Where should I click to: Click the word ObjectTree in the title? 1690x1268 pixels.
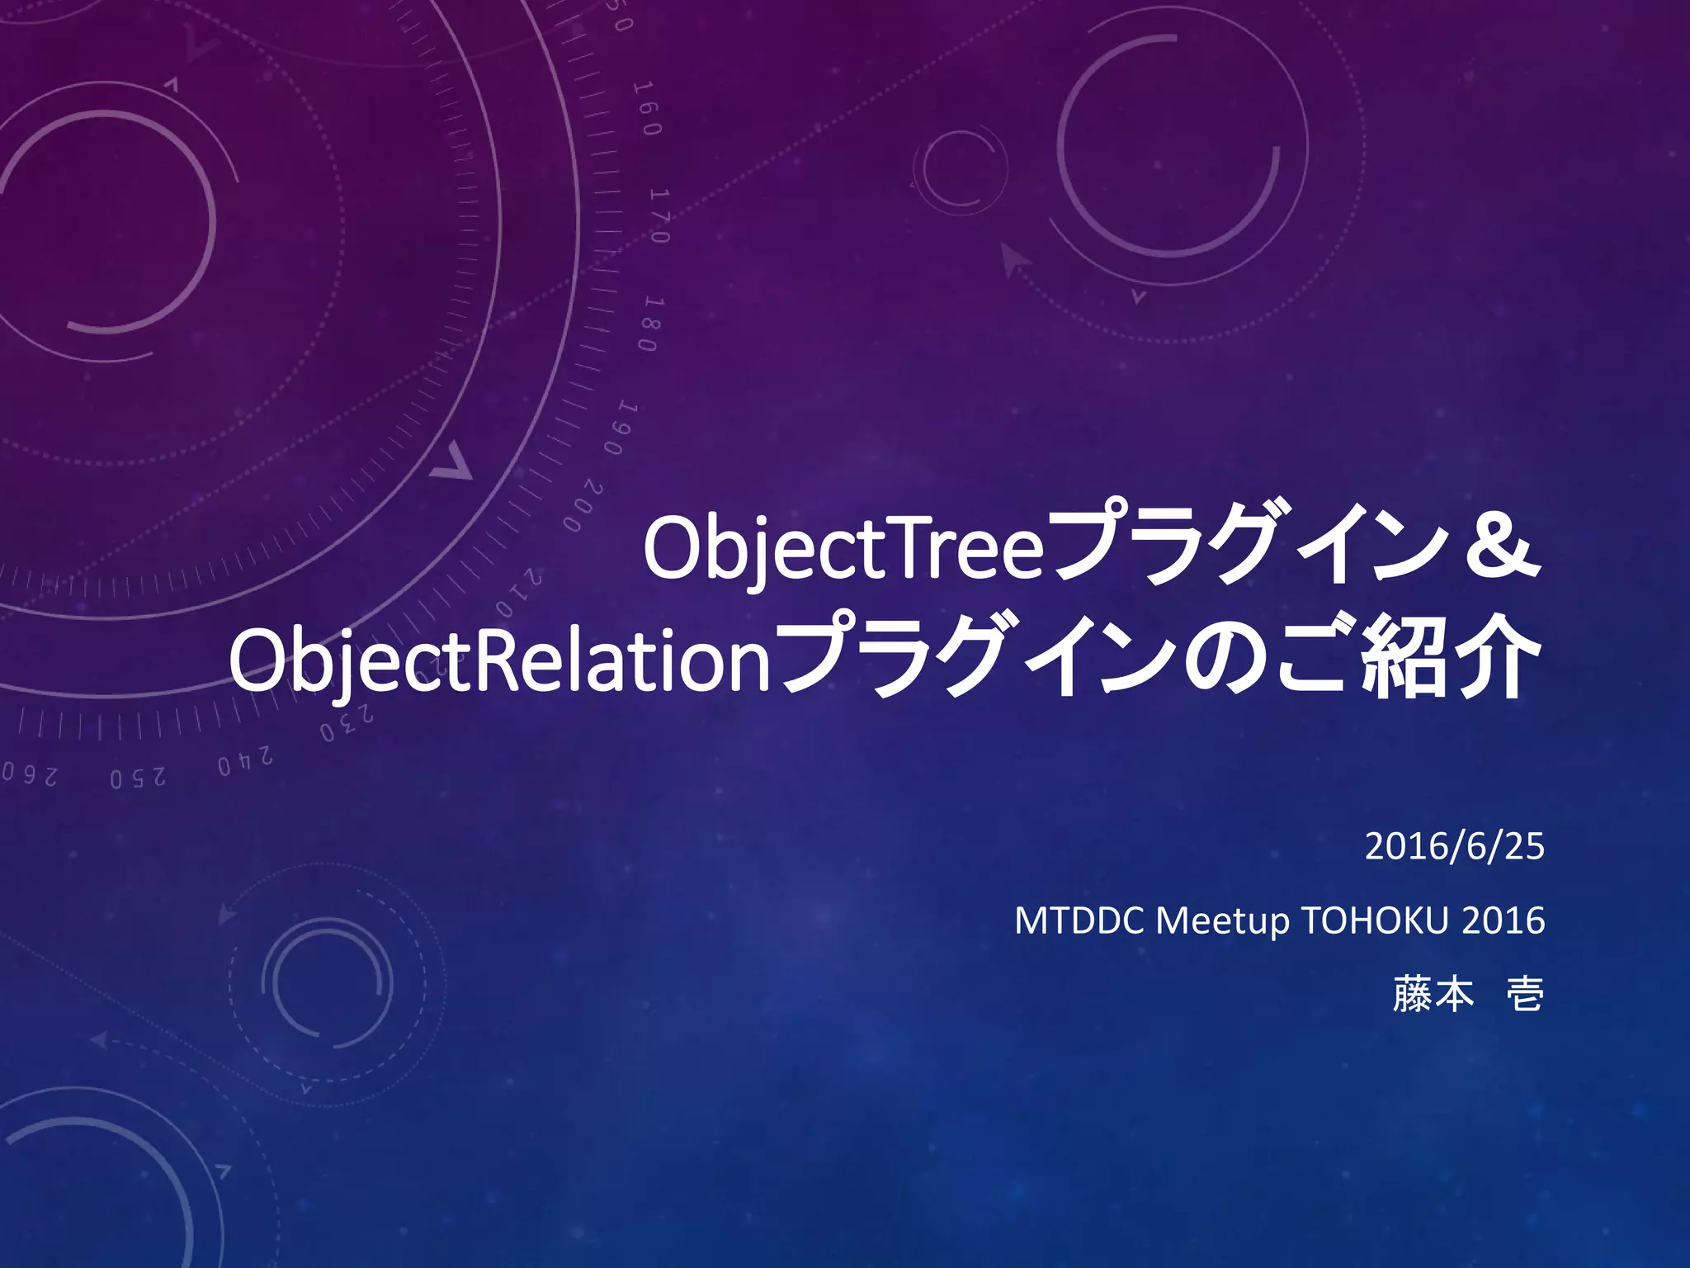[x=843, y=549]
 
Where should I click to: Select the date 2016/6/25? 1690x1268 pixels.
[x=1454, y=847]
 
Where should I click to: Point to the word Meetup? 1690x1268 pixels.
[x=1222, y=921]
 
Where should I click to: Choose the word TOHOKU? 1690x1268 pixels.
[x=1375, y=921]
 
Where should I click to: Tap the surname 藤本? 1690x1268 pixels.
[x=1433, y=995]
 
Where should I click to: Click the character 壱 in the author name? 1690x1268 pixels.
[x=1525, y=995]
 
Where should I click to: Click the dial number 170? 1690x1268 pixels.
[x=660, y=215]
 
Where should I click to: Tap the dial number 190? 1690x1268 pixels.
[x=621, y=428]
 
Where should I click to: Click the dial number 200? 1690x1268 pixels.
[x=584, y=505]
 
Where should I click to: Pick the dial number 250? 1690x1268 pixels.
[x=138, y=778]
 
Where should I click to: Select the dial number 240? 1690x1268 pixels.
[x=245, y=761]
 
